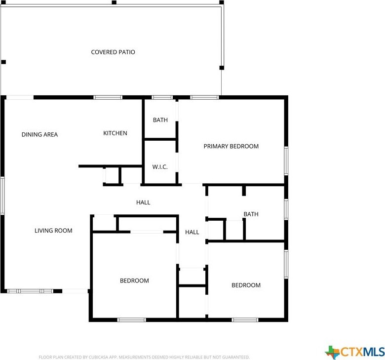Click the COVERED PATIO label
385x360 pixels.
click(x=113, y=52)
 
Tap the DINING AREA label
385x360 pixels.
click(x=39, y=134)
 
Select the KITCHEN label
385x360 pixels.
click(x=115, y=133)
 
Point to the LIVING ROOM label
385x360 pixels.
click(x=53, y=230)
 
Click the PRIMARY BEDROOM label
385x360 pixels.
click(x=231, y=146)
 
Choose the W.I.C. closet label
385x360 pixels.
click(x=160, y=167)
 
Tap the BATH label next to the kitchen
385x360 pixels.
click(x=160, y=120)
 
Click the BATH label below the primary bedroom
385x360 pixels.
click(x=251, y=214)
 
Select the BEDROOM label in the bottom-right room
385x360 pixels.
click(x=246, y=285)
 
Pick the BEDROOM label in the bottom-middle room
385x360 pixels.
click(x=134, y=280)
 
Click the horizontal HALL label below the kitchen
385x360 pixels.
click(x=143, y=202)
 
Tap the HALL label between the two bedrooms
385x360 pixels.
click(x=192, y=232)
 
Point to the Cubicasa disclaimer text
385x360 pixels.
click(x=144, y=357)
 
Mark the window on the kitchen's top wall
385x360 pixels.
click(x=108, y=97)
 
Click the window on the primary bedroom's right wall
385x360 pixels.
click(x=286, y=160)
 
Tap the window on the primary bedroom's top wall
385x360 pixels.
click(x=204, y=97)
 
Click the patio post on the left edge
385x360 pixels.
click(x=3, y=62)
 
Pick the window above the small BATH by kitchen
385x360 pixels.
click(x=162, y=97)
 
